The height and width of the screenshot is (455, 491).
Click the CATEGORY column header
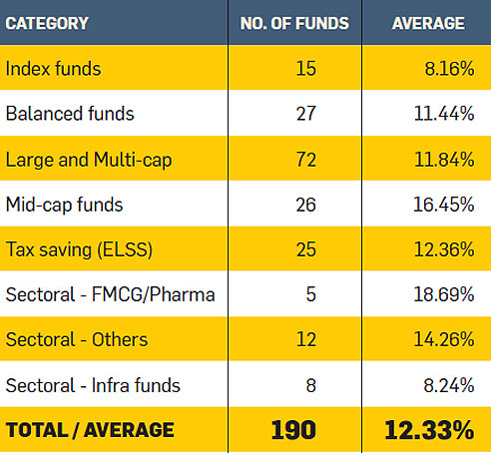(x=47, y=23)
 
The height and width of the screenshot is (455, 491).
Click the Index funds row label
(x=53, y=69)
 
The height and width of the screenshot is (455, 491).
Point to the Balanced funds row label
(x=70, y=114)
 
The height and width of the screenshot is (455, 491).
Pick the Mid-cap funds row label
(x=65, y=205)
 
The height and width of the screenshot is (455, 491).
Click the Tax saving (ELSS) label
(x=78, y=249)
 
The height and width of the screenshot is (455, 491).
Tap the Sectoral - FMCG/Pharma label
(x=110, y=295)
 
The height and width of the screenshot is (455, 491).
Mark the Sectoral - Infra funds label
(x=98, y=385)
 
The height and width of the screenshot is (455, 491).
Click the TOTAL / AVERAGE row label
(x=90, y=431)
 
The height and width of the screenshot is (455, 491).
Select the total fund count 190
(x=293, y=431)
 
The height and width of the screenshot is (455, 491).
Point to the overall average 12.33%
(x=429, y=431)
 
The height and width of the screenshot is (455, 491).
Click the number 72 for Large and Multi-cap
(x=305, y=160)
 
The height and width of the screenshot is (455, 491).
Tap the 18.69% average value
(x=443, y=295)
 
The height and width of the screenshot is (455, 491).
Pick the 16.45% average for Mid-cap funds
(x=443, y=205)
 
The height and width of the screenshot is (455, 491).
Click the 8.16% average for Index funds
(x=448, y=69)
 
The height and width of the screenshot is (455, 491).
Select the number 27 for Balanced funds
(x=305, y=114)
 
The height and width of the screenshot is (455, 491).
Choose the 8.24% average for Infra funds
(x=448, y=385)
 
